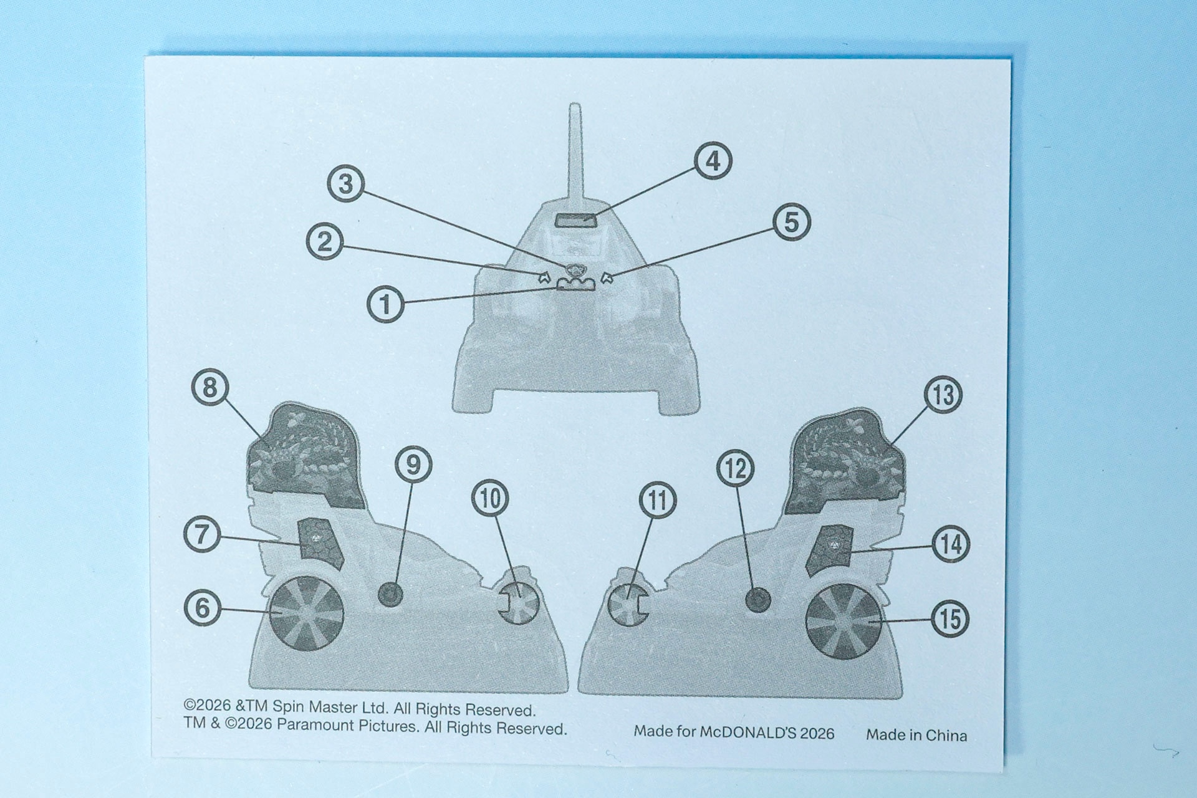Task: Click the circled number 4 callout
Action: pos(713,161)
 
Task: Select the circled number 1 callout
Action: pos(386,304)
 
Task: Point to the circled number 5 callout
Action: pos(792,222)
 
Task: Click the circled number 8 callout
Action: pos(210,387)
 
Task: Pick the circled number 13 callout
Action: pos(943,395)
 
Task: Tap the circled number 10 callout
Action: pos(491,499)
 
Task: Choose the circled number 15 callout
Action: pos(950,619)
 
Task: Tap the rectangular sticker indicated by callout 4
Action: pos(575,220)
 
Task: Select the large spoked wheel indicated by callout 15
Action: pos(843,622)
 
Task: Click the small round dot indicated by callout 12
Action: pos(758,600)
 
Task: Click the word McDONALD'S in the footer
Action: pos(748,733)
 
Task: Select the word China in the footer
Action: pos(945,736)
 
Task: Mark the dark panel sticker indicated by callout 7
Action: pos(320,543)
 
